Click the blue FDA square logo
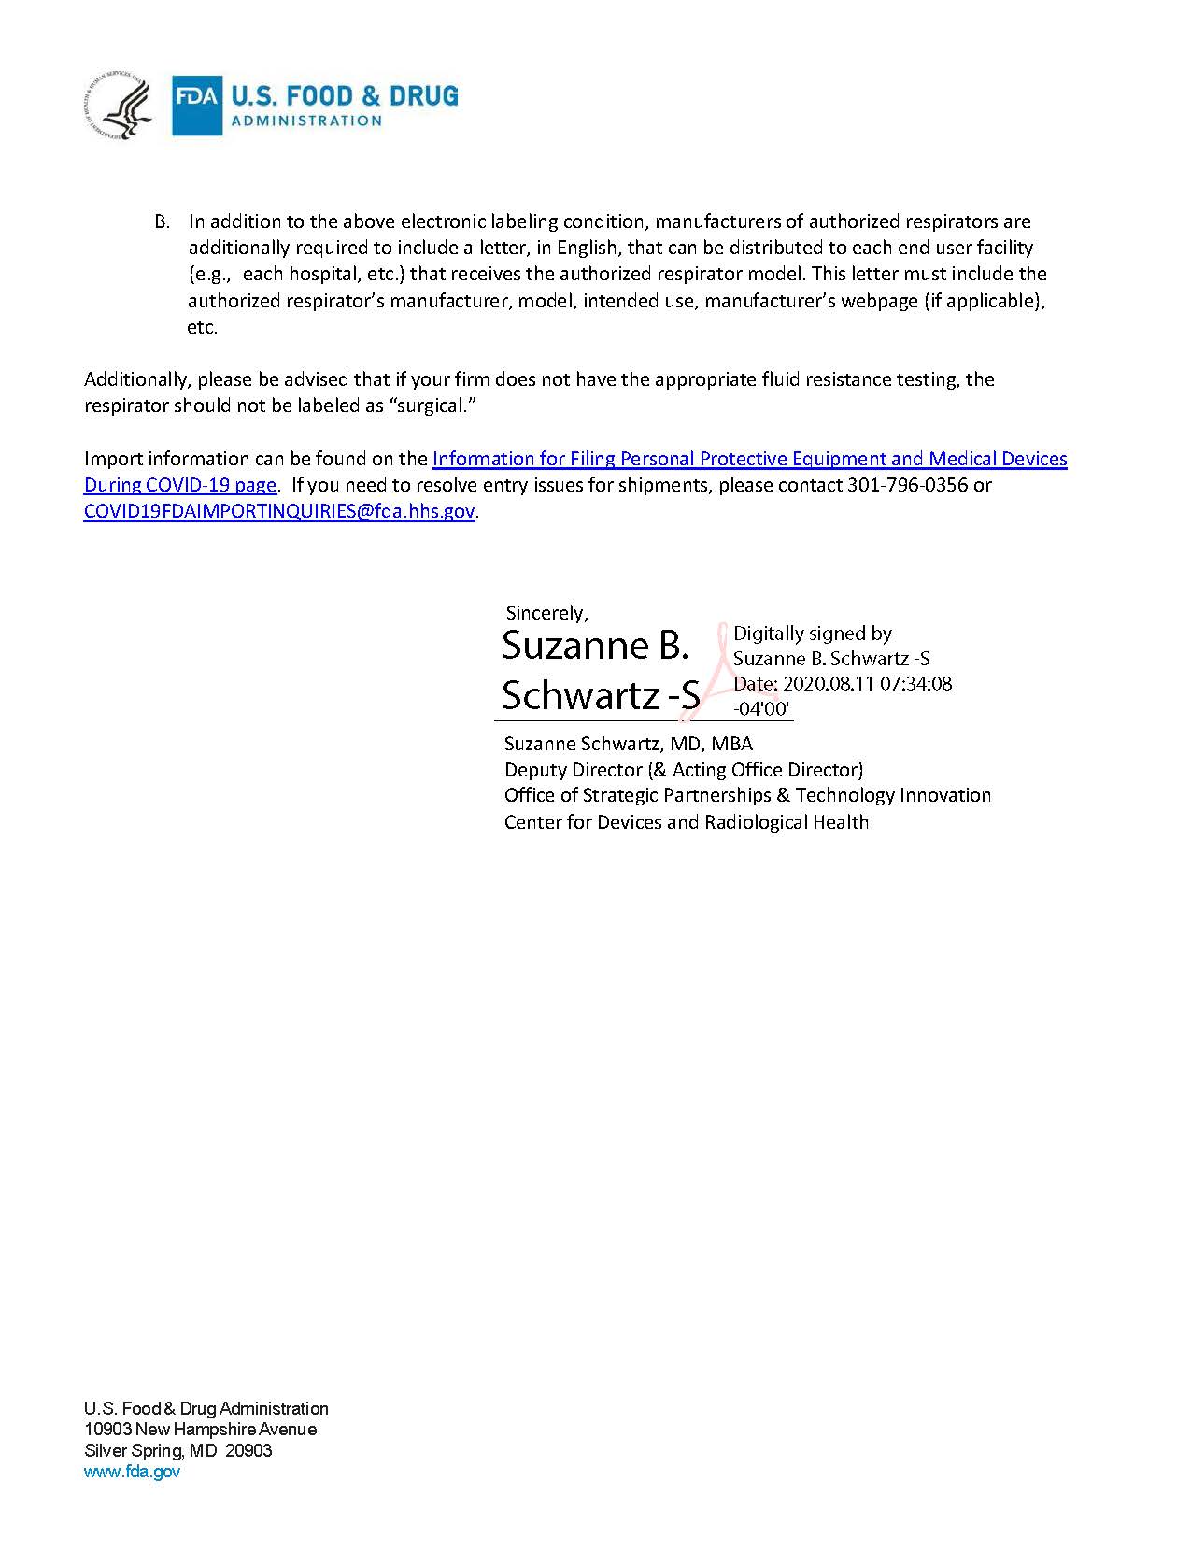pos(197,106)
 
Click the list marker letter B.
pos(162,222)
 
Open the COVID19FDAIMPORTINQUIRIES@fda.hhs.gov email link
pos(279,511)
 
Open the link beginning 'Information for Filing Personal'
pos(749,459)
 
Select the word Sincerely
pos(546,613)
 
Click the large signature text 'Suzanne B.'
pos(595,645)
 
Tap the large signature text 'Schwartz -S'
pos(600,695)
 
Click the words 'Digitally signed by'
pos(812,634)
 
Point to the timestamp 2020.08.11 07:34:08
pos(867,683)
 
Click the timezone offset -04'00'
pos(762,708)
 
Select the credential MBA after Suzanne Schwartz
pos(731,744)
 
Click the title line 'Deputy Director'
pos(574,770)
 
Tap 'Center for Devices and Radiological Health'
pos(687,822)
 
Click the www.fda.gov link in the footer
pos(132,1472)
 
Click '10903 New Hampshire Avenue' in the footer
pos(200,1430)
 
